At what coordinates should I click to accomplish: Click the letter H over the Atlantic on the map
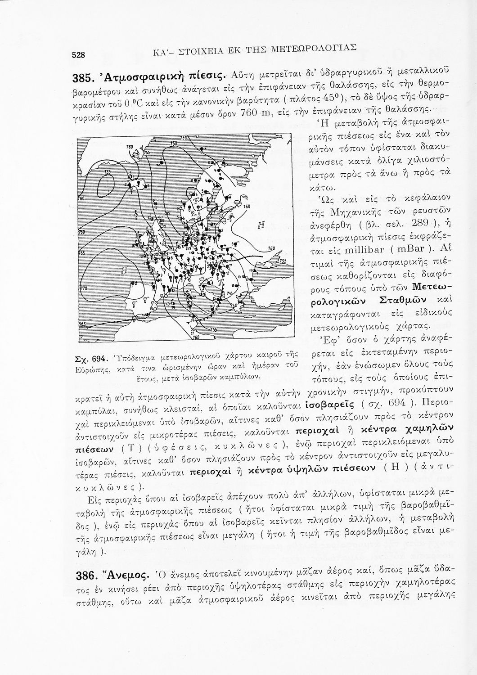click(122, 270)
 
